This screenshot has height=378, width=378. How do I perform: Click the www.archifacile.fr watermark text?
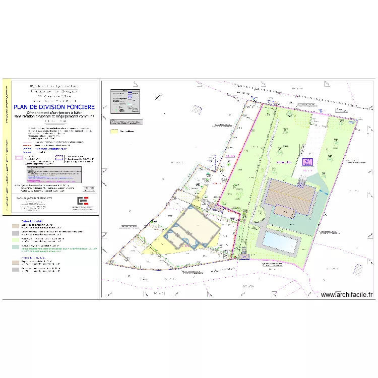pos(347,295)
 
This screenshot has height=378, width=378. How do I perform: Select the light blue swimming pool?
pos(280,242)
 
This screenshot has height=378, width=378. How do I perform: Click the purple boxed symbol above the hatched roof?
pos(307,162)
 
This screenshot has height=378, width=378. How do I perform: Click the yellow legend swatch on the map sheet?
pos(114,131)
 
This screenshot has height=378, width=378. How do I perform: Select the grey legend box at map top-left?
pos(124,101)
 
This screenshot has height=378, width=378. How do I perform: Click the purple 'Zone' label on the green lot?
pos(285,163)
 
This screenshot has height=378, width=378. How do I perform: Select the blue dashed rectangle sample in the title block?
pos(59,158)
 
